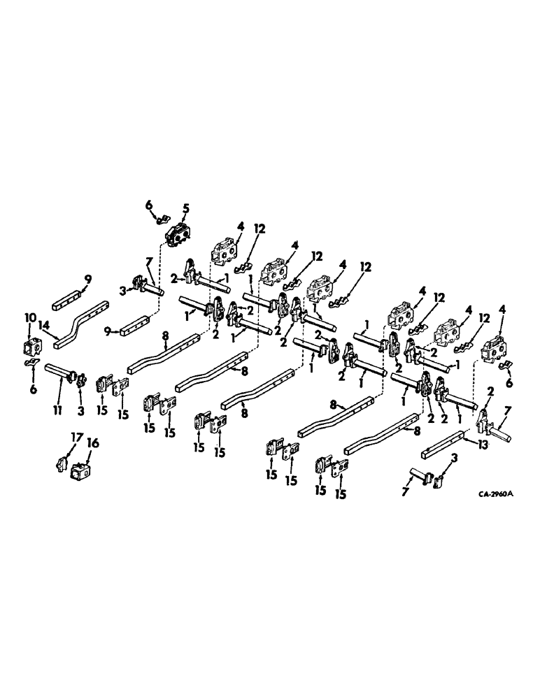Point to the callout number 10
31,317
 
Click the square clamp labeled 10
33,344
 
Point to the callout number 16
92,442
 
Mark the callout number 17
76,437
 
